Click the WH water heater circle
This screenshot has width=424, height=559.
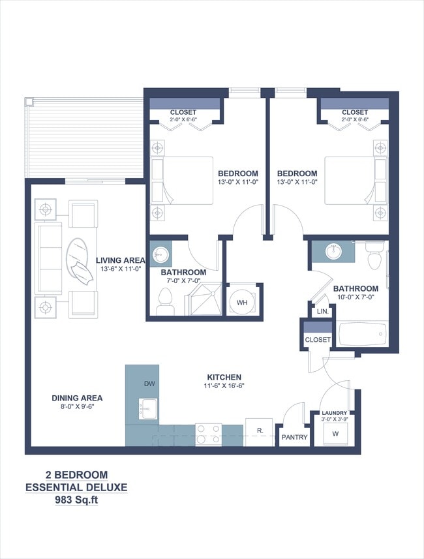[241, 303]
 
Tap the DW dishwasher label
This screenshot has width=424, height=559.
[149, 384]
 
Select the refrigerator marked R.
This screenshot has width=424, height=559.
[259, 431]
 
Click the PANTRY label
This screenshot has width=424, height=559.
[294, 437]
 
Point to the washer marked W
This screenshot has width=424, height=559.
[335, 434]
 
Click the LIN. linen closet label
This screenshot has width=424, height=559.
[322, 312]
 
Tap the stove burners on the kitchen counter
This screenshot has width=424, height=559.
[209, 434]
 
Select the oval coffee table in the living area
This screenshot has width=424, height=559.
[78, 261]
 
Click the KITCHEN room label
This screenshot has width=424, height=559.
[224, 377]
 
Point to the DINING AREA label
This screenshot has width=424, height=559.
[77, 398]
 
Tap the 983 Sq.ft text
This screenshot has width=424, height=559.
[76, 501]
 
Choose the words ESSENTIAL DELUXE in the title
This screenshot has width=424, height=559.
[76, 487]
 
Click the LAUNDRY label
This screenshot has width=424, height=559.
[334, 413]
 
